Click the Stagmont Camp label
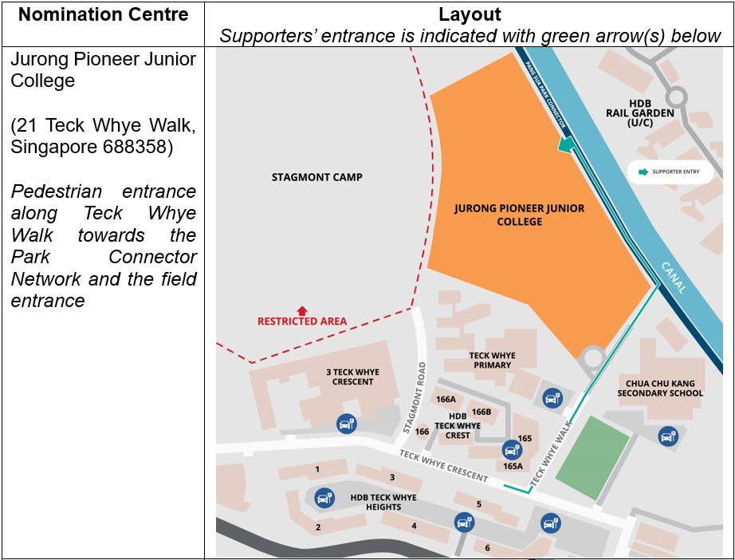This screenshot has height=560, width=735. [x=316, y=177]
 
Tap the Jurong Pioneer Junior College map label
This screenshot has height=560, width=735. [x=519, y=215]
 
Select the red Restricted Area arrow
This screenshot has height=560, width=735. [x=301, y=310]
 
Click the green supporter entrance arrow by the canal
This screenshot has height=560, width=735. [x=566, y=144]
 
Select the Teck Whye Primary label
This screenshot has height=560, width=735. [x=492, y=361]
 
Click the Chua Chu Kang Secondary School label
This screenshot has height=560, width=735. [x=660, y=388]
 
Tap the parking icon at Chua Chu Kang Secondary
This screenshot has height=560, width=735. [x=668, y=436]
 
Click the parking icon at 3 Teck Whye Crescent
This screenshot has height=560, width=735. [x=346, y=424]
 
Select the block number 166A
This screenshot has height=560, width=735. [x=446, y=399]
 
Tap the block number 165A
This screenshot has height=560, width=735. [x=513, y=466]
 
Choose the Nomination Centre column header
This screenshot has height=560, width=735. [x=103, y=14]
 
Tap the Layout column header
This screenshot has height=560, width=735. [x=470, y=14]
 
